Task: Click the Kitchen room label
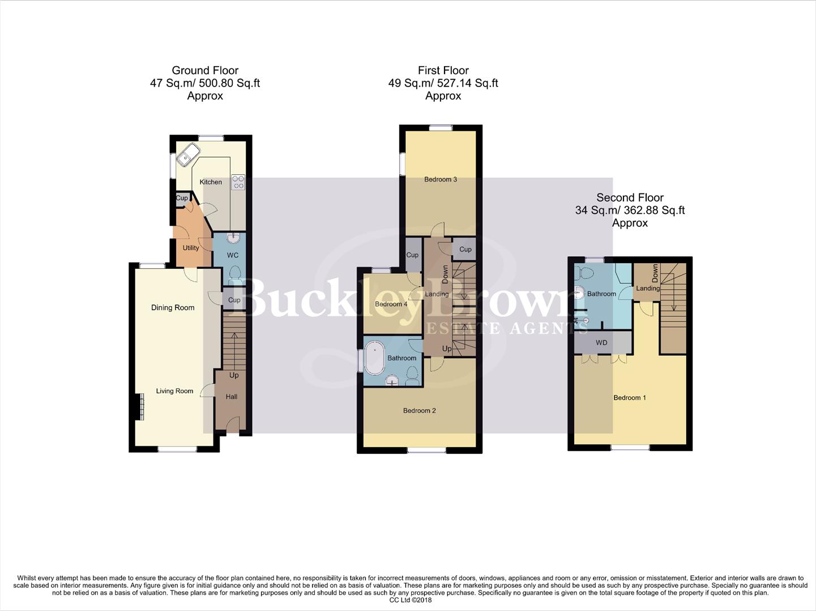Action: [211, 182]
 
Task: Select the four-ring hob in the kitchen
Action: [238, 182]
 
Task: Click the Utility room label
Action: [191, 248]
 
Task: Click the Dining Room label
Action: [173, 308]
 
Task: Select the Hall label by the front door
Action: [232, 397]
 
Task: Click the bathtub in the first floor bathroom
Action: [374, 357]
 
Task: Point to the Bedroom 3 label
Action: [441, 179]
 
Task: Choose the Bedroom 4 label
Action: [391, 304]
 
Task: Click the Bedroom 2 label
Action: [420, 411]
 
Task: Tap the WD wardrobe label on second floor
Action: [601, 343]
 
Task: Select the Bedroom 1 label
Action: [630, 398]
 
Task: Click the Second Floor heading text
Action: [630, 197]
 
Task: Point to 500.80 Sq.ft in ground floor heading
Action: [228, 83]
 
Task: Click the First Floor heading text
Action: [443, 71]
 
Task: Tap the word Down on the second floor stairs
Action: [655, 273]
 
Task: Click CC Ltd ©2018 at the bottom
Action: [408, 600]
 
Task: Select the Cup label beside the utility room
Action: [182, 198]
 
